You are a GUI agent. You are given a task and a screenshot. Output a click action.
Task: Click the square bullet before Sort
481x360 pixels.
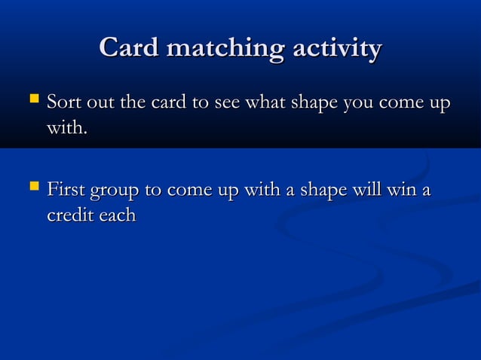coord(31,99)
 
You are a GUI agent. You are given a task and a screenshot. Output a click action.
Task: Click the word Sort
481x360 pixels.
coord(63,102)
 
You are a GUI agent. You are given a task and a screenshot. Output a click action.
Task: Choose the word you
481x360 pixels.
coord(363,102)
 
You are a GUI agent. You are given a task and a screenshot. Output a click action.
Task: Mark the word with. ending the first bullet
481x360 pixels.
coord(67,130)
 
